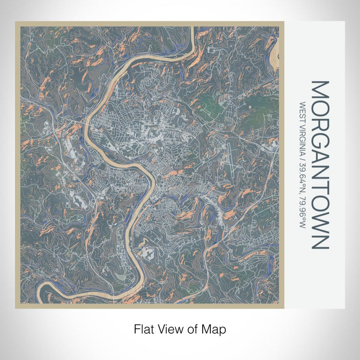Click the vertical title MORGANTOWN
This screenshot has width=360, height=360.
tap(319, 165)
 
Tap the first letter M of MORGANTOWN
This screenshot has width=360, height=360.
tap(319, 88)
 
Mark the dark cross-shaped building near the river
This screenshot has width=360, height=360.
tap(148, 253)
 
